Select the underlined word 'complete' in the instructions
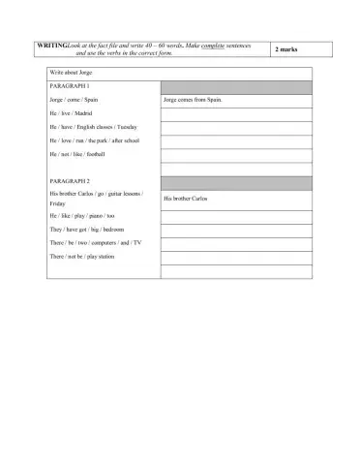click(210, 46)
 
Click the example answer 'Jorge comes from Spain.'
click(194, 100)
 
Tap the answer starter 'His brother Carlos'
click(186, 199)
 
